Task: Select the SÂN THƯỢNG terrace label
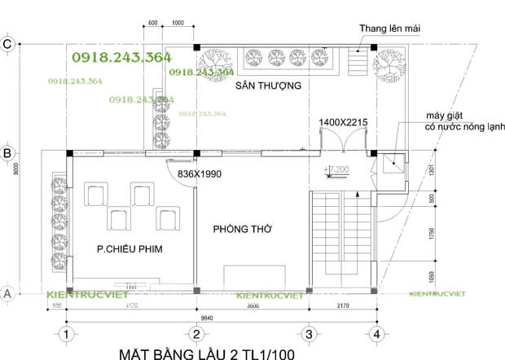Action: tap(269, 86)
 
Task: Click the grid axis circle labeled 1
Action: tap(68, 334)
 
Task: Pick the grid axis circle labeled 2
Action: tap(195, 334)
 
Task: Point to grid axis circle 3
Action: tap(308, 334)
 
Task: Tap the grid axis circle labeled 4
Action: tap(375, 334)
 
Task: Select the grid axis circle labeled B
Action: tap(7, 152)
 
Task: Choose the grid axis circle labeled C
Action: tap(7, 45)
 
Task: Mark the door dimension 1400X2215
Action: tap(344, 122)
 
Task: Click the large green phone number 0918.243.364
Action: tap(121, 57)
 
